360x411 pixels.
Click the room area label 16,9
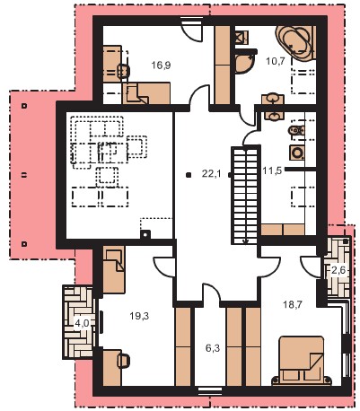(x=161, y=66)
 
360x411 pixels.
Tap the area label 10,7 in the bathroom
(x=276, y=61)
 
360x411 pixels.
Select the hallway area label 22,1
(x=211, y=173)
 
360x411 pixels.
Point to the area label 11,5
(x=272, y=171)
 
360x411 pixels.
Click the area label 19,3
(x=139, y=316)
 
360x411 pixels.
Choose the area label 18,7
(x=293, y=305)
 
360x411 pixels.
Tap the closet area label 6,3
(x=213, y=348)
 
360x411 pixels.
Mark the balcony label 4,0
(x=82, y=323)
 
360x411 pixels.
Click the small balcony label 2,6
(x=338, y=270)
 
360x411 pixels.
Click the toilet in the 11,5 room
(x=296, y=130)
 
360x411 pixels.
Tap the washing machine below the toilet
(x=297, y=153)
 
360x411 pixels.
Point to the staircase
(x=245, y=196)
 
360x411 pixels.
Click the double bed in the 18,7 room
(x=302, y=360)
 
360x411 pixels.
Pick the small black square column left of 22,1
(x=189, y=175)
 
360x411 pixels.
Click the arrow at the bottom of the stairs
(x=245, y=241)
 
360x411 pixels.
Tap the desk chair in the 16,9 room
(x=124, y=71)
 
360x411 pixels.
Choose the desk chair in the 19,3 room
(x=123, y=361)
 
